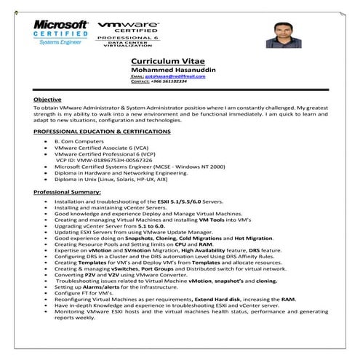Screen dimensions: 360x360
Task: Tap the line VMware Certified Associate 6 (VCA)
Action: (101, 148)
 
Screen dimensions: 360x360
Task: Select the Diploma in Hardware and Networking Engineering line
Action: (116, 172)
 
